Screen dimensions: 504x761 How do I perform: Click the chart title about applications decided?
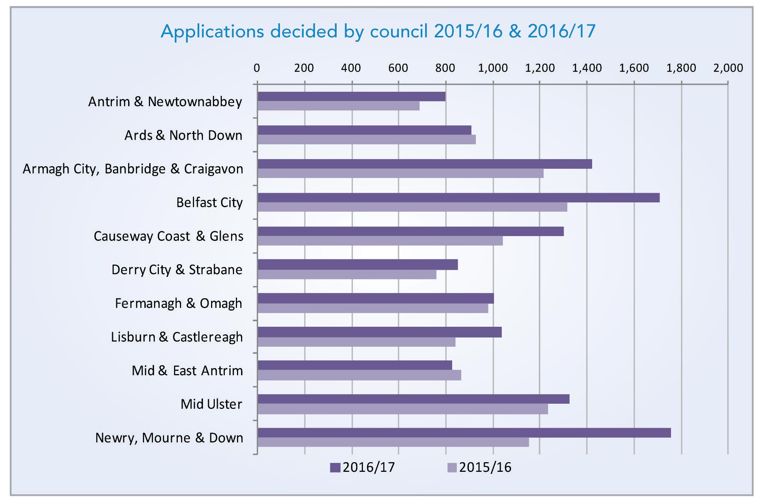point(378,31)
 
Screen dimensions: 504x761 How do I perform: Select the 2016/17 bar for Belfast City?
point(458,198)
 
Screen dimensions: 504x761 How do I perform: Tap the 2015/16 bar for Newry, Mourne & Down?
point(393,442)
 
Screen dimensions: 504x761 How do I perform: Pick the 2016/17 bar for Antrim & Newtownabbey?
point(351,97)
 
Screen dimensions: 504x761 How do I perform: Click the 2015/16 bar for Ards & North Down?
point(367,140)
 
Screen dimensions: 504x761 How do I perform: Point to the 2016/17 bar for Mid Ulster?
point(413,399)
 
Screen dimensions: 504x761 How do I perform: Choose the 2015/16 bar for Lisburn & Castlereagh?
point(356,342)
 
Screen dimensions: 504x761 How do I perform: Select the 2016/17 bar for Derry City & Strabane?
point(357,265)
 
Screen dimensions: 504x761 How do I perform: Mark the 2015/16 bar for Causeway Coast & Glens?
point(380,241)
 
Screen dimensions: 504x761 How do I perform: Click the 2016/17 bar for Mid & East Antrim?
point(355,365)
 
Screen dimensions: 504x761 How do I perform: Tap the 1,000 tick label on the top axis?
point(493,68)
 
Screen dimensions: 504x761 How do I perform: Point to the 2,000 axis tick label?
point(728,68)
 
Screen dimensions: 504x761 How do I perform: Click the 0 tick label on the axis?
point(257,68)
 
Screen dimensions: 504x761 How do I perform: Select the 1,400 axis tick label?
point(587,68)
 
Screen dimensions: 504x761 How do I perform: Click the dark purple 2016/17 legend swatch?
point(335,468)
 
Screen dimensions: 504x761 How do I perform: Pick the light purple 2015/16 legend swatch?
point(452,468)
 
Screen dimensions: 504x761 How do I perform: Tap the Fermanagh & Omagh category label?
point(178,303)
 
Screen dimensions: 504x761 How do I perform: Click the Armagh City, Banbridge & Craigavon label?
point(133,169)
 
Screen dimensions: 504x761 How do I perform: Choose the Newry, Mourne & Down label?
point(169,438)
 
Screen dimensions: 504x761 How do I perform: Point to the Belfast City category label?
point(209,203)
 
